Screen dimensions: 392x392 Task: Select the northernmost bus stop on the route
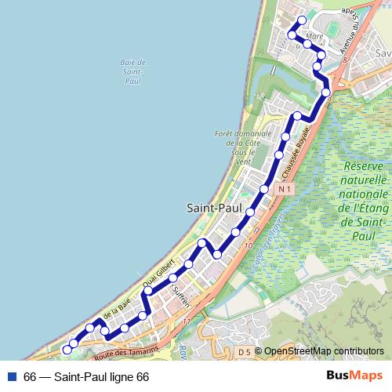click(302, 20)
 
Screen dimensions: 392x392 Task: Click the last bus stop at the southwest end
click(65, 350)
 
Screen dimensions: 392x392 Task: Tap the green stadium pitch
click(333, 28)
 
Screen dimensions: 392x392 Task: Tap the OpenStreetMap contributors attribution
click(322, 351)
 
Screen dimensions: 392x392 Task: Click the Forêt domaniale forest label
click(241, 147)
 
